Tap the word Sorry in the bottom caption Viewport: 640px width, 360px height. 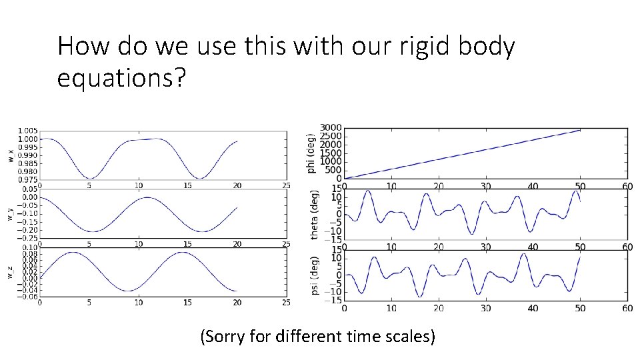[230, 337]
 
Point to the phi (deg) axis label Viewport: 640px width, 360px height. [311, 153]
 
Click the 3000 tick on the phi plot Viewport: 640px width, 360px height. [331, 128]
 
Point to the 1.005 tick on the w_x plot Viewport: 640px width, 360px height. [28, 131]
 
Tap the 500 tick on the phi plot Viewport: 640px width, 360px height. [333, 170]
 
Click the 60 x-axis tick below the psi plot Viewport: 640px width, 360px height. [627, 308]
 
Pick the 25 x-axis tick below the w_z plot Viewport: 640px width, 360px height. [286, 303]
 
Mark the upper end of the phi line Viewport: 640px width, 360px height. [580, 130]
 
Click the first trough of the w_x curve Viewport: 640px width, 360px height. [90, 178]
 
